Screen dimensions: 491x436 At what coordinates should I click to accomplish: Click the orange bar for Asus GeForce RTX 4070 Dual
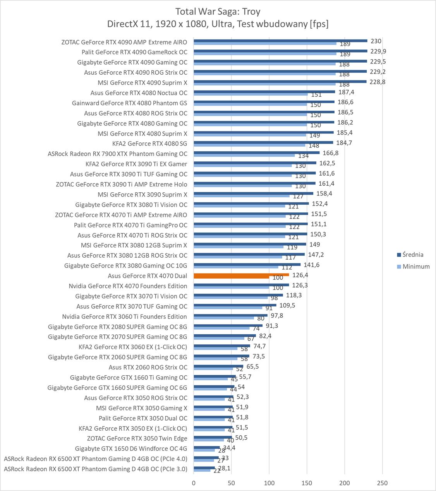(x=241, y=275)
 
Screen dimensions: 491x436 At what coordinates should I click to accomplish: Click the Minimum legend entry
(x=416, y=266)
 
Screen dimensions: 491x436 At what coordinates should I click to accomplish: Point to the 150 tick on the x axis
(x=307, y=483)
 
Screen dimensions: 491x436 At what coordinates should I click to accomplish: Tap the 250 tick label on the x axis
(x=382, y=483)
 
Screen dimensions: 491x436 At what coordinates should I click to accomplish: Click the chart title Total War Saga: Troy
(x=218, y=11)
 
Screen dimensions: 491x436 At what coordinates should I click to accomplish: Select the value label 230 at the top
(x=376, y=41)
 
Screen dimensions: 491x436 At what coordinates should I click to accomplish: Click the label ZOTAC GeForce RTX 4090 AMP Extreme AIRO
(x=124, y=42)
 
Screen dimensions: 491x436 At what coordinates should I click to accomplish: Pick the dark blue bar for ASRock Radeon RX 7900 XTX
(x=256, y=152)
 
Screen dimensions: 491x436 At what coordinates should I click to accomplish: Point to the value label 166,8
(x=330, y=153)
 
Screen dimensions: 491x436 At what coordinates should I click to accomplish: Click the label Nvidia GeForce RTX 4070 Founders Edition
(x=128, y=286)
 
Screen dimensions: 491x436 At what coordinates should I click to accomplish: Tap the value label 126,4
(x=300, y=275)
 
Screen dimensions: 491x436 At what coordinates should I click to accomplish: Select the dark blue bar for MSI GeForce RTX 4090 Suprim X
(x=280, y=81)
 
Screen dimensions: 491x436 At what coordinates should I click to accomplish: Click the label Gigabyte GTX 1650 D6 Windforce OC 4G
(x=131, y=448)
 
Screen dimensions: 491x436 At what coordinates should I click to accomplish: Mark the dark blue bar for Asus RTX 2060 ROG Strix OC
(x=218, y=366)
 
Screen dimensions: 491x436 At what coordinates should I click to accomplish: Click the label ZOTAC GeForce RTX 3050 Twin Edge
(x=137, y=438)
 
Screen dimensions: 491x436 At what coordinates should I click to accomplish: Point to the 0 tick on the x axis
(x=194, y=483)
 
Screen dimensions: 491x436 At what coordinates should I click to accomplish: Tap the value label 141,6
(x=311, y=265)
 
